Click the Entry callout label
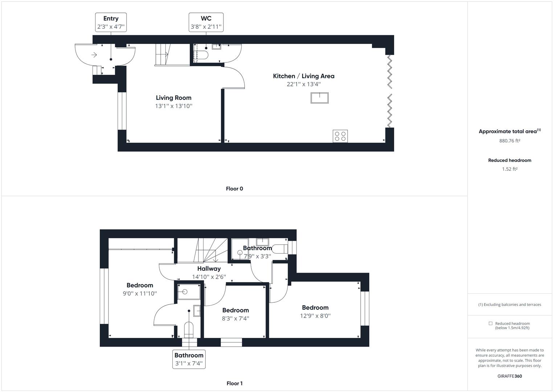[111, 23]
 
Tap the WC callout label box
[206, 23]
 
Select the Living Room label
[173, 98]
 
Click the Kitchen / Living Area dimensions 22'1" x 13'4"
[303, 84]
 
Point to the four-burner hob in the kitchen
[340, 136]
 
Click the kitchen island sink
[319, 98]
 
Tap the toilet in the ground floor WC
[202, 55]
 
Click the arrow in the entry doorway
[94, 55]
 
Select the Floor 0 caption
[234, 189]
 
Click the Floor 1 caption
[234, 383]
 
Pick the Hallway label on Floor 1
[209, 269]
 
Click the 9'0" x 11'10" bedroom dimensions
[140, 293]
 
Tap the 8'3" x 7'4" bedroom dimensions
[235, 318]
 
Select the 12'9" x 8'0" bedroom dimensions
[315, 316]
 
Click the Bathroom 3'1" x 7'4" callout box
[189, 359]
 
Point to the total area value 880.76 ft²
[509, 141]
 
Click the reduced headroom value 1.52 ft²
[509, 169]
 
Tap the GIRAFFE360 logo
[509, 376]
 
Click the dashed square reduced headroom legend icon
[491, 323]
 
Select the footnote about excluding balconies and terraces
[509, 305]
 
